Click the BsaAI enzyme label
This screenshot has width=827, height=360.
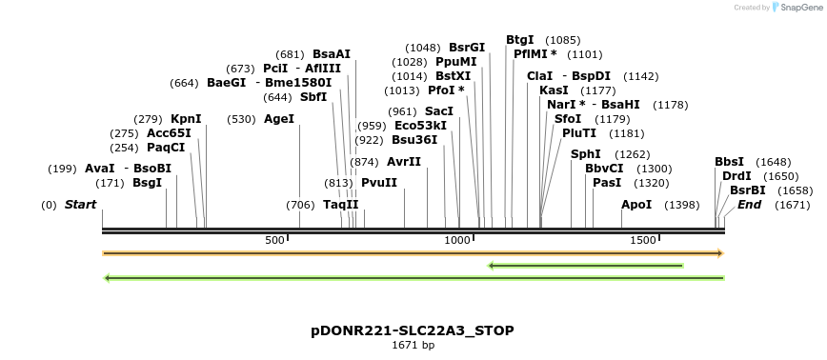click(x=332, y=54)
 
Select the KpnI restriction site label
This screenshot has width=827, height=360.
click(x=186, y=119)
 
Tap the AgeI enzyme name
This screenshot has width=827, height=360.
click(x=279, y=119)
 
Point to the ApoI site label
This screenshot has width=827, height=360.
click(x=636, y=205)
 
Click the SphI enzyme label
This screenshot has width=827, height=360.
click(x=585, y=154)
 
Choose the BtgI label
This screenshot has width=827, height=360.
click(x=520, y=40)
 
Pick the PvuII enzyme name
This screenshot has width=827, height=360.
click(x=379, y=183)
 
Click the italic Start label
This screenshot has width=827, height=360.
click(x=81, y=205)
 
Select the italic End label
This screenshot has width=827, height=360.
click(x=750, y=205)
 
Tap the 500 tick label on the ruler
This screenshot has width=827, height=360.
click(x=274, y=240)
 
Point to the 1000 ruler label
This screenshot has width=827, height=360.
click(x=458, y=240)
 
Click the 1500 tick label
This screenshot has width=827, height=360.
click(x=642, y=240)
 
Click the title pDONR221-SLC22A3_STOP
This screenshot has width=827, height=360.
click(x=413, y=330)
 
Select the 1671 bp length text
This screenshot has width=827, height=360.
click(x=413, y=345)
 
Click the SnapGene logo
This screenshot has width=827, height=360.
click(x=796, y=8)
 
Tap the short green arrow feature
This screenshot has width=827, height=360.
click(x=585, y=265)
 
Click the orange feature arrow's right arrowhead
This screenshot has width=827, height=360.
click(x=721, y=253)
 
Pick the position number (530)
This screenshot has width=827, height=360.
click(x=242, y=119)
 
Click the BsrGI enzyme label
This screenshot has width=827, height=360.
click(x=467, y=48)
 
